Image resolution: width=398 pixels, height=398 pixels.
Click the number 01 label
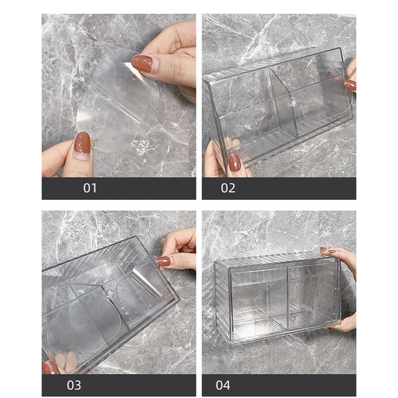click(x=90, y=188)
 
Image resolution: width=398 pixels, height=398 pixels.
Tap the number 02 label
click(x=228, y=188)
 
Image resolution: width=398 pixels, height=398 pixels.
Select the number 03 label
click(x=74, y=385)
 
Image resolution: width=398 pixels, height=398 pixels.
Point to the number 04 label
click(x=223, y=385)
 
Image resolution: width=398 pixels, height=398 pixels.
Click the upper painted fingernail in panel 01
click(x=142, y=64)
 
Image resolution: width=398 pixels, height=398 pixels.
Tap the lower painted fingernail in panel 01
click(x=82, y=143)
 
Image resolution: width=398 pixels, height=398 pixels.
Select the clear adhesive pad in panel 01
click(x=117, y=101)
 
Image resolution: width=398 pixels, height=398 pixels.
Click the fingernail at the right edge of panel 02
click(x=350, y=85)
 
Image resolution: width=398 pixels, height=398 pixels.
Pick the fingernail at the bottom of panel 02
click(x=234, y=163)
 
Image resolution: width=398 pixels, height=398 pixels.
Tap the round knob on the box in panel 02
click(x=292, y=103)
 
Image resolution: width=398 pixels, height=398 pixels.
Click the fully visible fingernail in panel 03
click(x=163, y=261)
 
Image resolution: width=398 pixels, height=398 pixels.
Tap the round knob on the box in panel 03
click(x=109, y=294)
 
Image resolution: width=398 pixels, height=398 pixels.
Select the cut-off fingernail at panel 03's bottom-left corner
click(x=50, y=367)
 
